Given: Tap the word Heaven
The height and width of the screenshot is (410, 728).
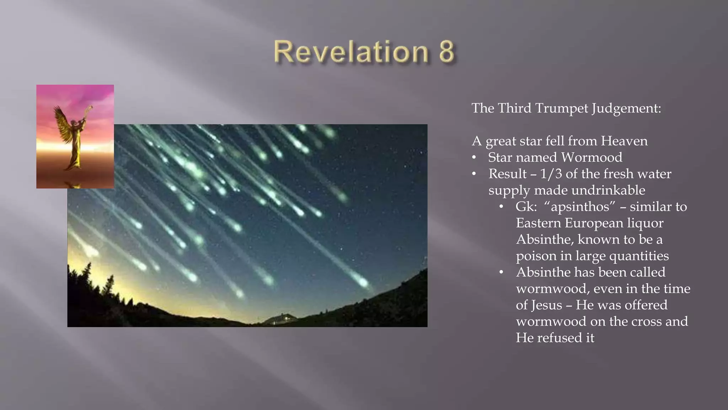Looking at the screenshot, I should tap(624, 141).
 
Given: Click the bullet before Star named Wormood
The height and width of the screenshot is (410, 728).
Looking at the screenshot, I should tap(474, 158).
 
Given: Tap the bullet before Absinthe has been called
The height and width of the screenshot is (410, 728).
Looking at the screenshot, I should tap(501, 273).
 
